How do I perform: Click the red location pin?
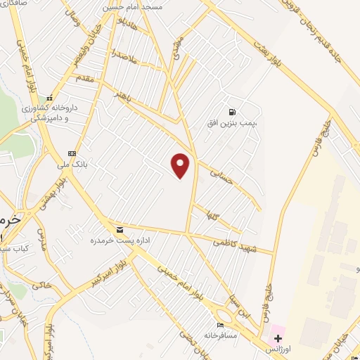[181, 165]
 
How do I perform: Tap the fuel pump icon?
[232, 111]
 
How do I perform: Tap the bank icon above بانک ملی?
[71, 153]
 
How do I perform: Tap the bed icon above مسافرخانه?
[220, 325]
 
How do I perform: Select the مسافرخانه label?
[221, 337]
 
